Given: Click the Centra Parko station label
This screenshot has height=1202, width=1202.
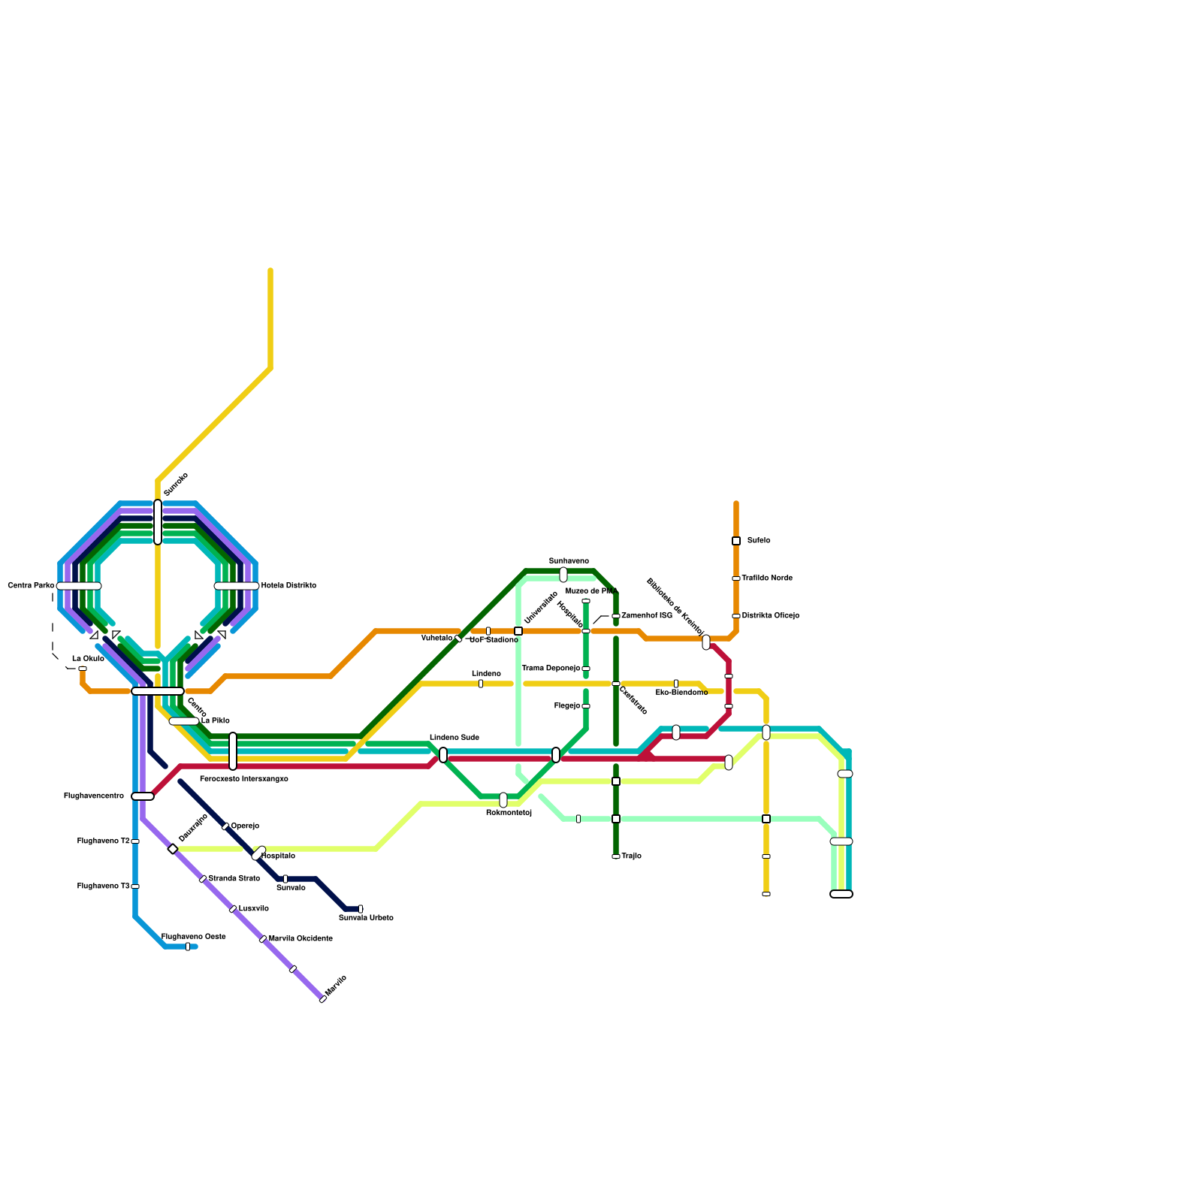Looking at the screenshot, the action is click(x=31, y=585).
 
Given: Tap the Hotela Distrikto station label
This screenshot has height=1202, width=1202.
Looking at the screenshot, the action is click(x=288, y=585).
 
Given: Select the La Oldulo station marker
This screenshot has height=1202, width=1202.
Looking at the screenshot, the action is click(x=83, y=668).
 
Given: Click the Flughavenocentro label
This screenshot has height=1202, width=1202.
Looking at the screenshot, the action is click(x=94, y=796).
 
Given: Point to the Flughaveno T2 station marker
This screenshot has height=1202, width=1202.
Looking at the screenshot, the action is click(x=135, y=841).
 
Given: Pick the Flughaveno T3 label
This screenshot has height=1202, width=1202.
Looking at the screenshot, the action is click(x=103, y=886).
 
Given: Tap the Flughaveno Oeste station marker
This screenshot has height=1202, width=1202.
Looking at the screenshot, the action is click(x=188, y=947).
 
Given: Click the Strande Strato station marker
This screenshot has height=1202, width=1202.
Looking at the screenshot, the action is click(x=203, y=879).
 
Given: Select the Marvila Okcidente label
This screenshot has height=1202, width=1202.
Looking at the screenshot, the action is click(x=300, y=938).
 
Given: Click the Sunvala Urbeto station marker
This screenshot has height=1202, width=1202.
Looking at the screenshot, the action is click(x=361, y=909).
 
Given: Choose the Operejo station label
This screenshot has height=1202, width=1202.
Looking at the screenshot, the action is click(x=245, y=826).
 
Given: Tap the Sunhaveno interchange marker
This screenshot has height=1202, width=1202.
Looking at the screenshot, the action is click(x=563, y=575).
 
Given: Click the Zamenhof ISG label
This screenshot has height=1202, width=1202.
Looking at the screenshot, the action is click(x=647, y=615).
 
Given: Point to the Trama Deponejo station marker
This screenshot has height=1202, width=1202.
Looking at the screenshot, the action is click(x=586, y=669).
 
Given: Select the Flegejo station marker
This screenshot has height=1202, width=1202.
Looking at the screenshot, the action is click(x=586, y=706).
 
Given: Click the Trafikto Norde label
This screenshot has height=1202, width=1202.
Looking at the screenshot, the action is click(x=767, y=578).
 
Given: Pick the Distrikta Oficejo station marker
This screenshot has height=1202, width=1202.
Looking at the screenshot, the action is click(x=736, y=616).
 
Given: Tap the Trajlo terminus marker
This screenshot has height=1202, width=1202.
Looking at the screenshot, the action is click(x=616, y=856).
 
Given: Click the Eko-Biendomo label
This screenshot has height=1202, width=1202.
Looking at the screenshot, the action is click(x=681, y=693).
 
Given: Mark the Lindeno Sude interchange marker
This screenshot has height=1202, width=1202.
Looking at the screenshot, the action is click(x=443, y=755).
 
